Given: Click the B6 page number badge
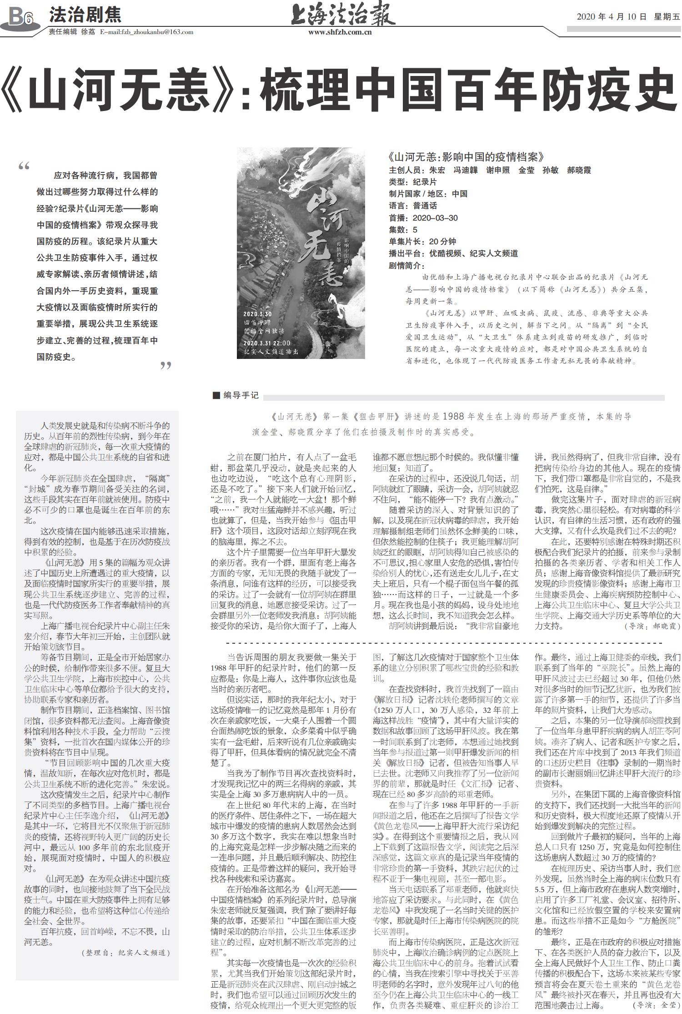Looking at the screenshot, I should (x=20, y=17).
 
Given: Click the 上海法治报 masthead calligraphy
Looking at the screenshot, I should (x=343, y=15).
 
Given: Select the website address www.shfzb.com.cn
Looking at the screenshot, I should (x=340, y=32).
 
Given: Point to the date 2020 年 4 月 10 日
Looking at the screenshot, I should (x=612, y=17).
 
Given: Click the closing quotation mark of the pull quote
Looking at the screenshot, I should (x=166, y=366).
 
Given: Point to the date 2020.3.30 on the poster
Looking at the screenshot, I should (x=257, y=314).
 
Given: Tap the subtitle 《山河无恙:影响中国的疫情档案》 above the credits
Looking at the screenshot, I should (x=466, y=157).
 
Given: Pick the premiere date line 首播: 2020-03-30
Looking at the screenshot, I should (x=423, y=218).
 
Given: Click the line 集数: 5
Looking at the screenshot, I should (x=403, y=230).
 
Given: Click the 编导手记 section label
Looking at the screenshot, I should (x=236, y=395).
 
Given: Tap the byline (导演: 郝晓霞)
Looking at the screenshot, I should (x=653, y=626).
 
